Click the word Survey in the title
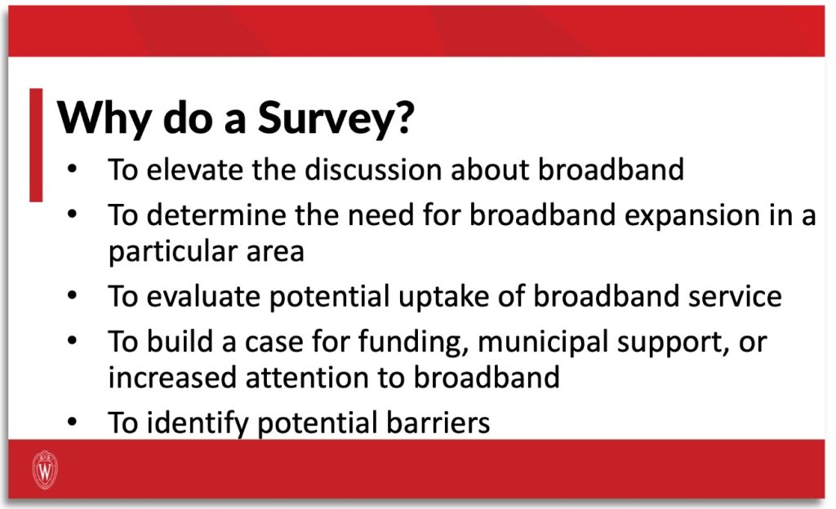point(336,118)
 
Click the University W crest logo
point(46,469)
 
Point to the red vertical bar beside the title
point(36,145)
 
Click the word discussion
point(373,170)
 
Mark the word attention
point(307,378)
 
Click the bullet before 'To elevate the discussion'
point(73,170)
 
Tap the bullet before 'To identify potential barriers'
point(73,423)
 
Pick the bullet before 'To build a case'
point(73,341)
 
